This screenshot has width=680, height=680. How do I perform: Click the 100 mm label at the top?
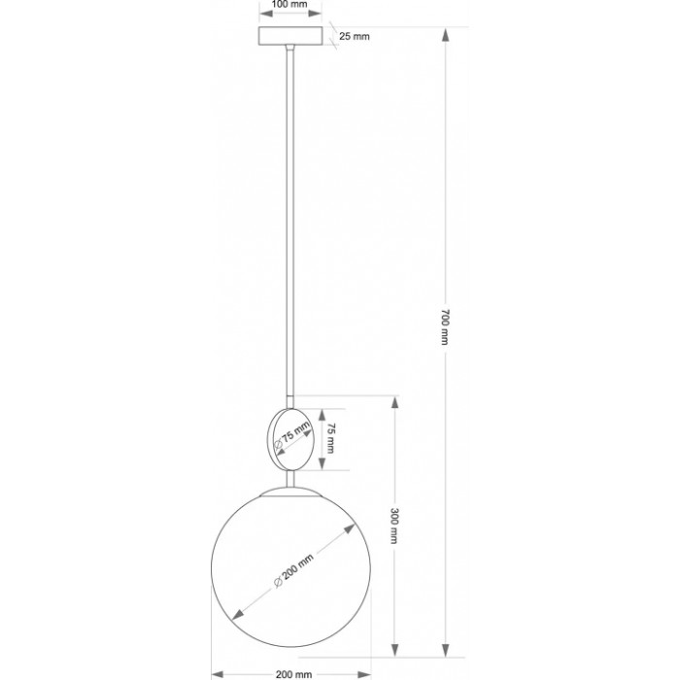click(x=289, y=4)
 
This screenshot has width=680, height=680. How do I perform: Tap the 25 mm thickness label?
click(x=355, y=37)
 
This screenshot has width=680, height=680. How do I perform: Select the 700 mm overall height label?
click(x=445, y=327)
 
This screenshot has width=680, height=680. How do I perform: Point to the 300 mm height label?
click(x=394, y=526)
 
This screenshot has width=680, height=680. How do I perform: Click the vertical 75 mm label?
click(x=330, y=438)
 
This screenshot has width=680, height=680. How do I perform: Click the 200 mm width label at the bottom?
click(x=293, y=674)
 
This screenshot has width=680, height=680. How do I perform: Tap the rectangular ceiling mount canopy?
click(x=290, y=36)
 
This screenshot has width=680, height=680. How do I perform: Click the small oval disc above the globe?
click(x=289, y=439)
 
